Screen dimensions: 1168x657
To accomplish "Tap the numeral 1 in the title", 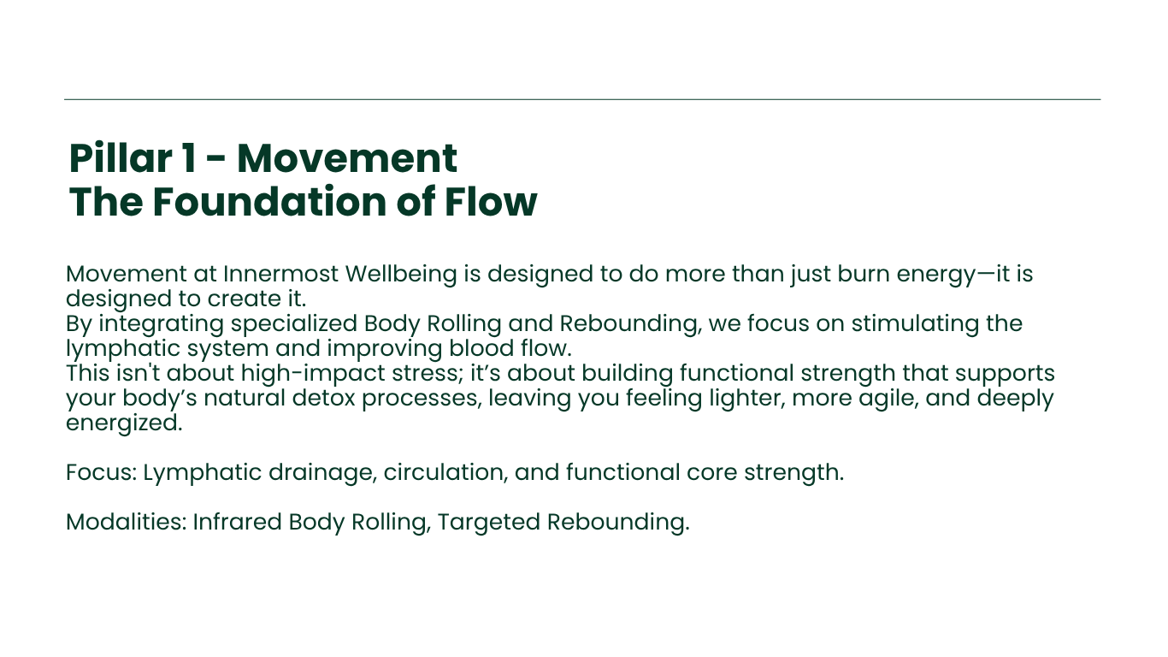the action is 189,158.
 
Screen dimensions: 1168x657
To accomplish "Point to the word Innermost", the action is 280,274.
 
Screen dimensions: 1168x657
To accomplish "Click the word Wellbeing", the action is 401,275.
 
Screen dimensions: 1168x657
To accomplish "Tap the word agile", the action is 888,399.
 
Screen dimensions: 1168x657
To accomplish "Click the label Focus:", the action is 101,471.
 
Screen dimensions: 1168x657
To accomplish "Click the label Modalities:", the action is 127,521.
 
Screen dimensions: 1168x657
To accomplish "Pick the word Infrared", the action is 237,521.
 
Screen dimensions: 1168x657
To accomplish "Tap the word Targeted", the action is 488,523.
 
